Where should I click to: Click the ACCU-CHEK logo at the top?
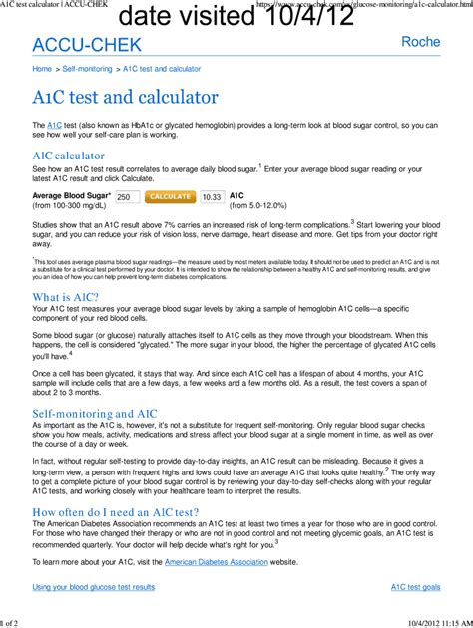[x=87, y=45]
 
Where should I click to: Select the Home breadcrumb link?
[x=42, y=69]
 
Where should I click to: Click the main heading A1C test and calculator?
[x=125, y=98]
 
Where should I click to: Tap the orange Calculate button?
[x=170, y=197]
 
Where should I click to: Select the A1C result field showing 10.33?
[x=212, y=197]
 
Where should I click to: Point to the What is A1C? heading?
[x=66, y=297]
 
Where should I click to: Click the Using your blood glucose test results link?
[x=94, y=587]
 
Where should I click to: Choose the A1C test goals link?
[x=416, y=587]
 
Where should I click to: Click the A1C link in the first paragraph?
[x=55, y=124]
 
